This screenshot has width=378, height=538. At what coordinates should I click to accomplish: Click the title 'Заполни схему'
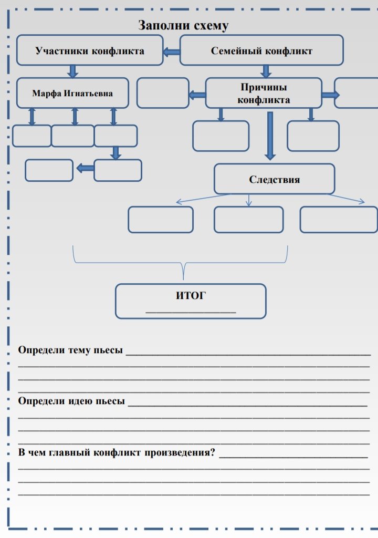[x=183, y=25]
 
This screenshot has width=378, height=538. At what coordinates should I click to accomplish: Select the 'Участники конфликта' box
[x=90, y=50]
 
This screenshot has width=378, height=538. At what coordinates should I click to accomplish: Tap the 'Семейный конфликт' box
[x=261, y=50]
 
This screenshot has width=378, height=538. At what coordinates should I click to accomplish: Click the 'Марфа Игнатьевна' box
[x=72, y=94]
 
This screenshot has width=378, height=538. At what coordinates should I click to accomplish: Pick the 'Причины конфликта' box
[x=264, y=93]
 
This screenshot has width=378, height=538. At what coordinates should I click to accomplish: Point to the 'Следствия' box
[x=274, y=179]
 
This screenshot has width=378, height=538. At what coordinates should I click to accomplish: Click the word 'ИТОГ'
[x=191, y=296]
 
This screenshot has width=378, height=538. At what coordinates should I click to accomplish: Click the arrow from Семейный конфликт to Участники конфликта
[x=171, y=51]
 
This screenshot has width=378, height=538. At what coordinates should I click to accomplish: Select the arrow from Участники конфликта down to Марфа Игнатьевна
[x=73, y=71]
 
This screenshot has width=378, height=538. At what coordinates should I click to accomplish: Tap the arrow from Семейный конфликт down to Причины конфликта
[x=266, y=71]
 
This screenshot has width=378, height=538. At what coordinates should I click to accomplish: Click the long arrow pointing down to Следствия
[x=270, y=136]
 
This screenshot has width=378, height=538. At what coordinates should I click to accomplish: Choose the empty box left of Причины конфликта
[x=163, y=93]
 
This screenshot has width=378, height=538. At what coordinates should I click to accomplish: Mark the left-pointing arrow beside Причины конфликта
[x=197, y=95]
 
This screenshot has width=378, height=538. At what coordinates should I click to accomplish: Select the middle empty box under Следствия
[x=248, y=219]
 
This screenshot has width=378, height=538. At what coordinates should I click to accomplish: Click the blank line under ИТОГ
[x=191, y=313]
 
